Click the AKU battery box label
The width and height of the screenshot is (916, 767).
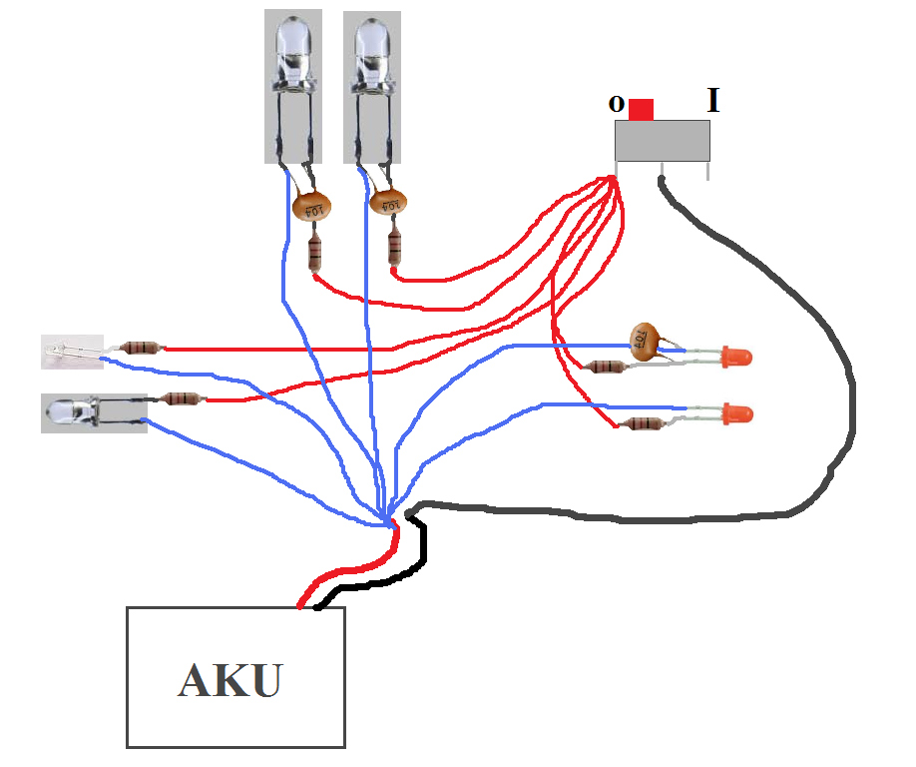230,680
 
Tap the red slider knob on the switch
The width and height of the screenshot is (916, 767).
641,109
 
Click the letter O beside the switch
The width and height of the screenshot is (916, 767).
617,104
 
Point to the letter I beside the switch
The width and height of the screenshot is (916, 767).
712,100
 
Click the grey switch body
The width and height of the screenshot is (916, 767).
663,141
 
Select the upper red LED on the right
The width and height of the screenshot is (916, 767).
736,357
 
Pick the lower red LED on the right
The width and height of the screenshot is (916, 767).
737,413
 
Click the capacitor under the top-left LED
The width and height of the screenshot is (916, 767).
312,207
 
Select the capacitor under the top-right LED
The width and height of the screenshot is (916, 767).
388,203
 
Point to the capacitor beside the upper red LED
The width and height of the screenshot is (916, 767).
645,342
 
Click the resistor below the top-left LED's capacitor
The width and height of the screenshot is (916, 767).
315,252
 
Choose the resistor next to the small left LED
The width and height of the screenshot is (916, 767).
141,348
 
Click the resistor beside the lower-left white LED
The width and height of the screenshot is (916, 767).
183,398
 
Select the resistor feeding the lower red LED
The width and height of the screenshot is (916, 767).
642,423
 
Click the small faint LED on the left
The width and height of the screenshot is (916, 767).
72,352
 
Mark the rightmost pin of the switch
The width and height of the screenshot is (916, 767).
708,171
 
